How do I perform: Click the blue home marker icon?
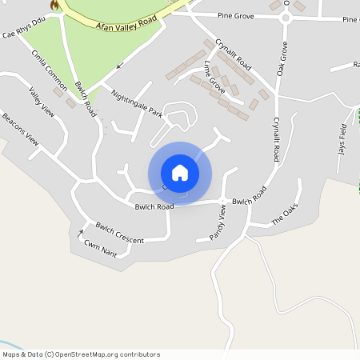pos(180,173)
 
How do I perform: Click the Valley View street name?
pos(42,102)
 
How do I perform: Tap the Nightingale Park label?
pos(137,105)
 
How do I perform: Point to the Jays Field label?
pos(342,138)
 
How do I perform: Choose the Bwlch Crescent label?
pos(119,233)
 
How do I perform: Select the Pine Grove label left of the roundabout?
pos(234,15)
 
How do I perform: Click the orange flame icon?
pos(54,6)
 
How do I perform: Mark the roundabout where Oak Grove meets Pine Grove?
pos(284,18)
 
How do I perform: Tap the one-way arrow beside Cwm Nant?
pos(80,234)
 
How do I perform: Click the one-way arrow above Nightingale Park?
pos(120,66)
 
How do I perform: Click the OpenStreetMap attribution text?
pos(81,354)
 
